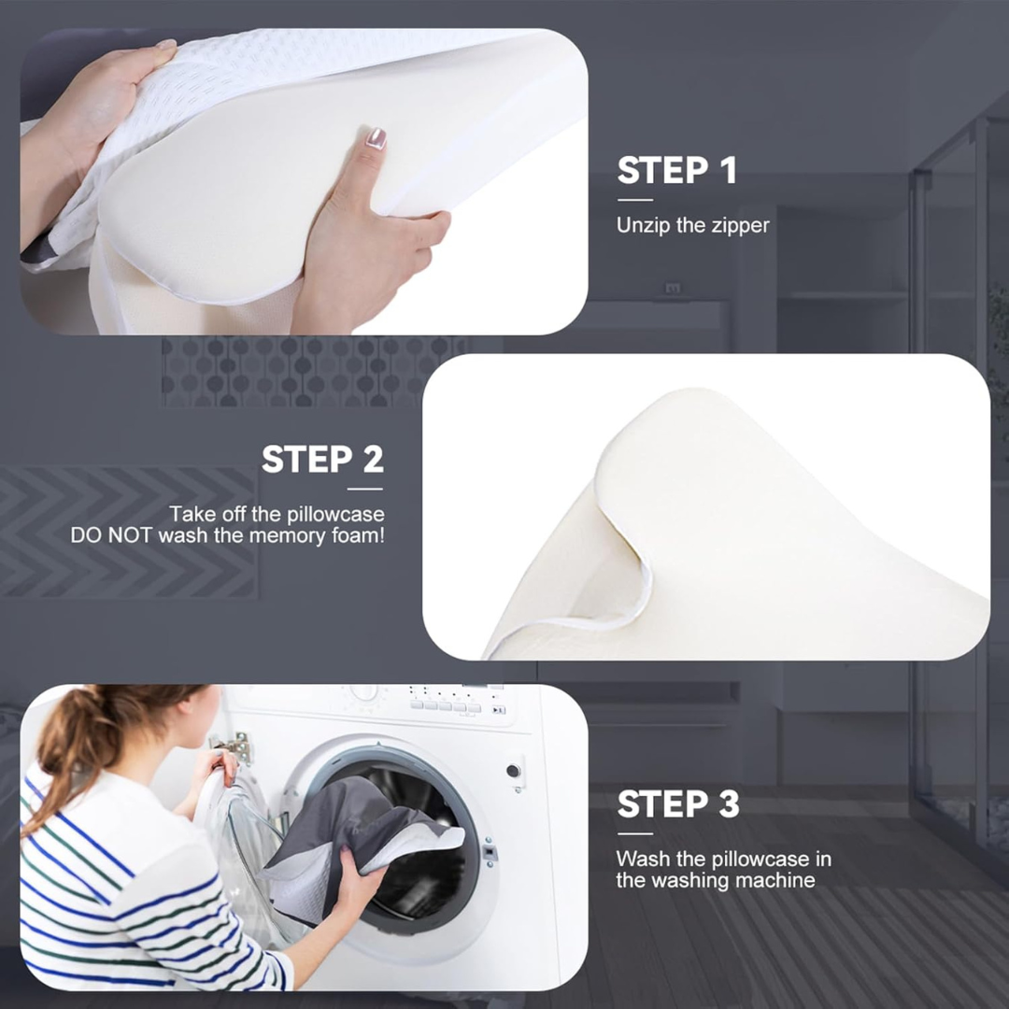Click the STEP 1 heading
click(676, 171)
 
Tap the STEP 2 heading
click(322, 460)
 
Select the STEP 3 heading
click(677, 804)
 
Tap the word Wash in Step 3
click(641, 859)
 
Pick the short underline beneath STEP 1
click(634, 199)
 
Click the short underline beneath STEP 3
click(634, 833)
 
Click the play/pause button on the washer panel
click(499, 710)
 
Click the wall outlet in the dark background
click(672, 290)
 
